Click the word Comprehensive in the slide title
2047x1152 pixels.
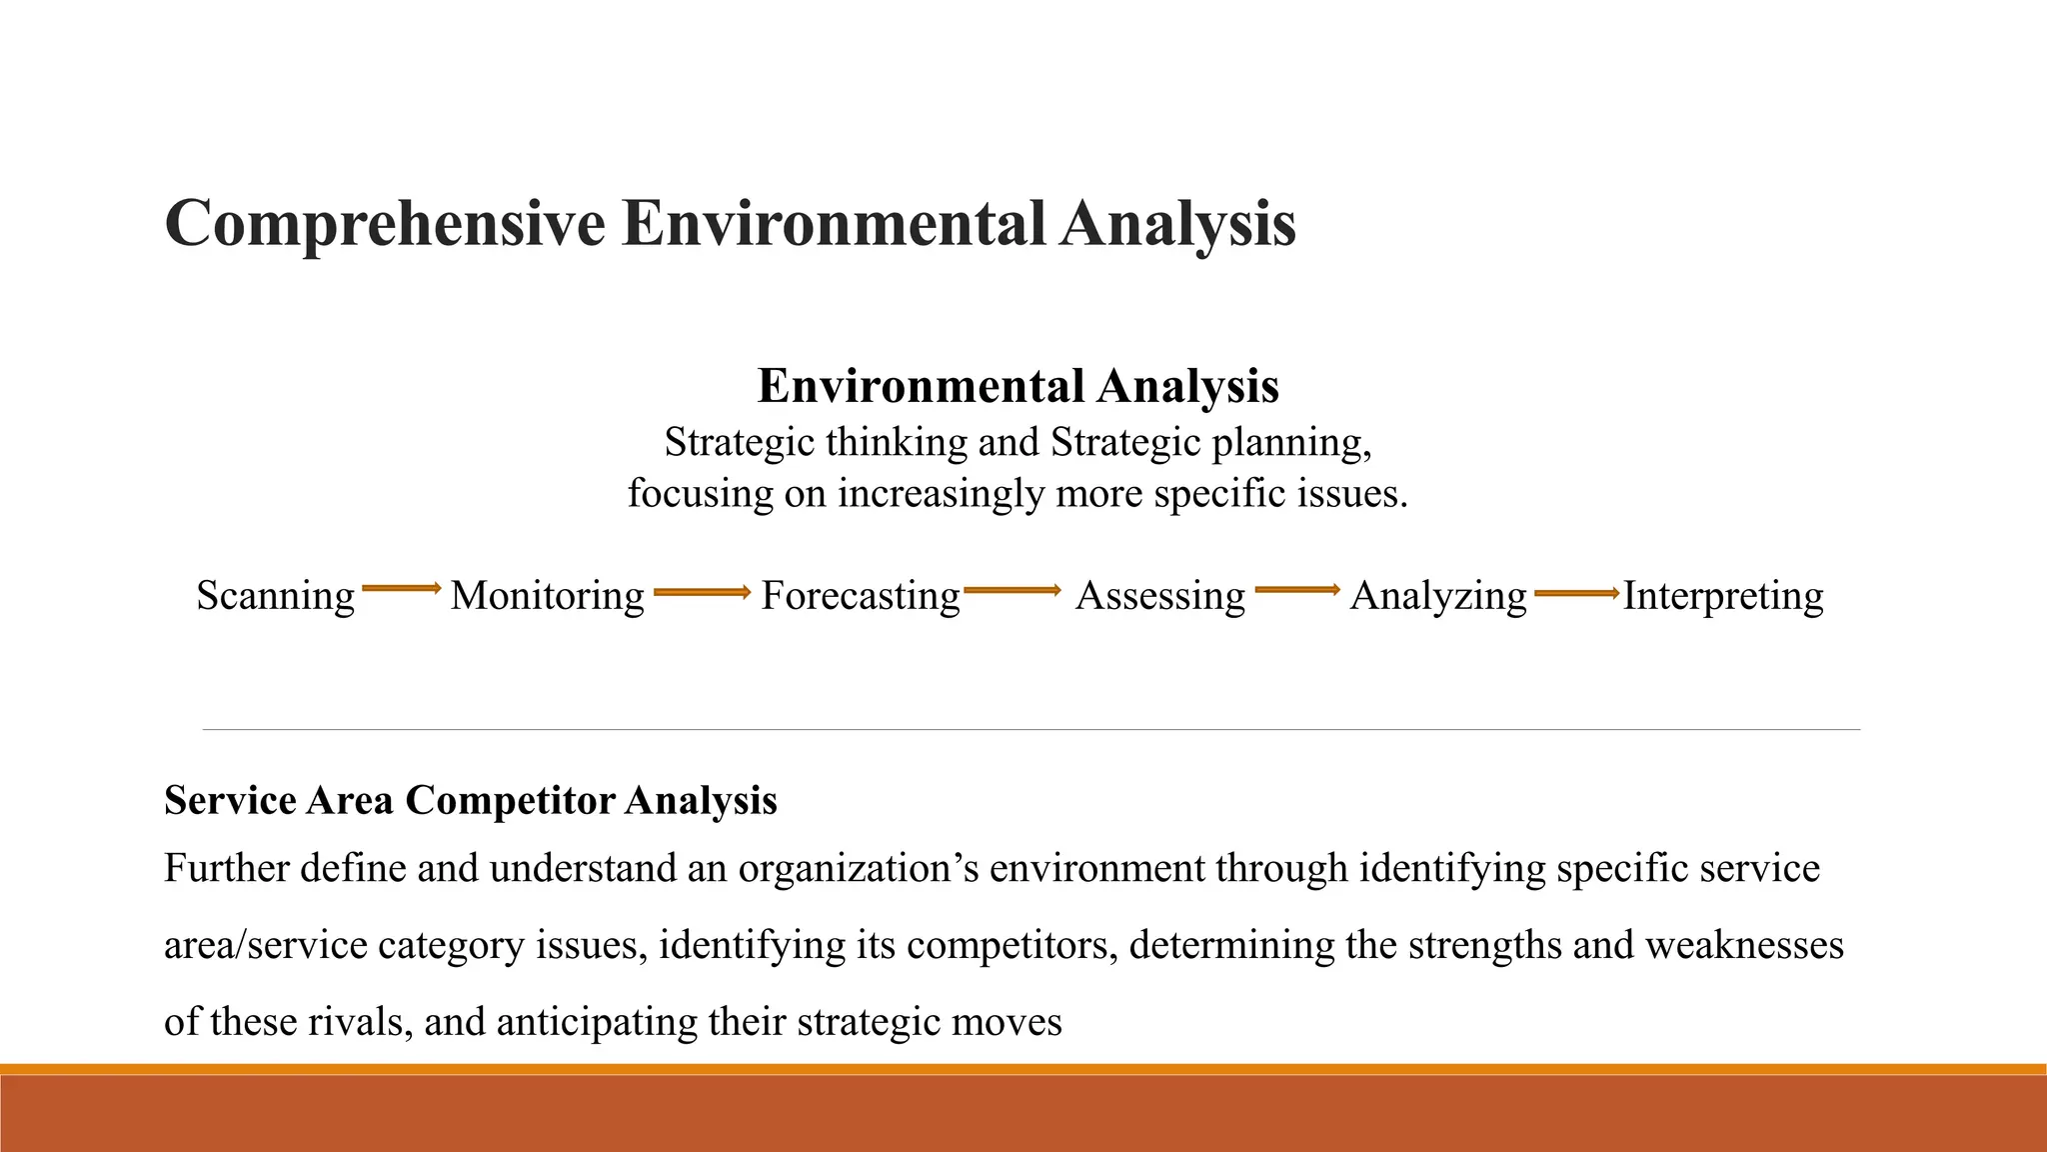[x=385, y=224]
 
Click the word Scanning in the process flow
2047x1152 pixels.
[x=275, y=596]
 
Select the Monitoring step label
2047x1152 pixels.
[x=547, y=596]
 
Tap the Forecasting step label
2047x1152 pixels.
[x=860, y=596]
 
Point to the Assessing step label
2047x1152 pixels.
[x=1159, y=596]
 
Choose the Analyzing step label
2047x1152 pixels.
[x=1437, y=596]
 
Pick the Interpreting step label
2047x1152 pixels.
[x=1722, y=596]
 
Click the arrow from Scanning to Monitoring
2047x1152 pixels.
[x=401, y=589]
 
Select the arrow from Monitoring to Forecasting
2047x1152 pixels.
[x=702, y=593]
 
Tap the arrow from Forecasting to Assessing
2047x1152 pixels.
[x=1012, y=591]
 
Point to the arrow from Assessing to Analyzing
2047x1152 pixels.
[x=1296, y=590]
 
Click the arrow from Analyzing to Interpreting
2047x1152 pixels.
[x=1576, y=594]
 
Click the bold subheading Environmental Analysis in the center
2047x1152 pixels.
[x=1018, y=386]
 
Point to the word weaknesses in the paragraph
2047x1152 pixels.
[x=1743, y=945]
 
